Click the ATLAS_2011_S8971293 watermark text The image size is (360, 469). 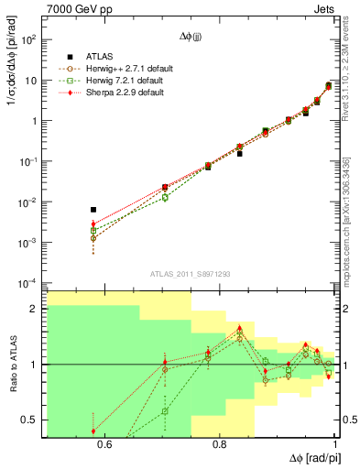point(190,273)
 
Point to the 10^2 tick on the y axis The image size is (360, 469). point(30,40)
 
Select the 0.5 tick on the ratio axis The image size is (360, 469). point(31,420)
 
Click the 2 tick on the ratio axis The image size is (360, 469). point(36,310)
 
